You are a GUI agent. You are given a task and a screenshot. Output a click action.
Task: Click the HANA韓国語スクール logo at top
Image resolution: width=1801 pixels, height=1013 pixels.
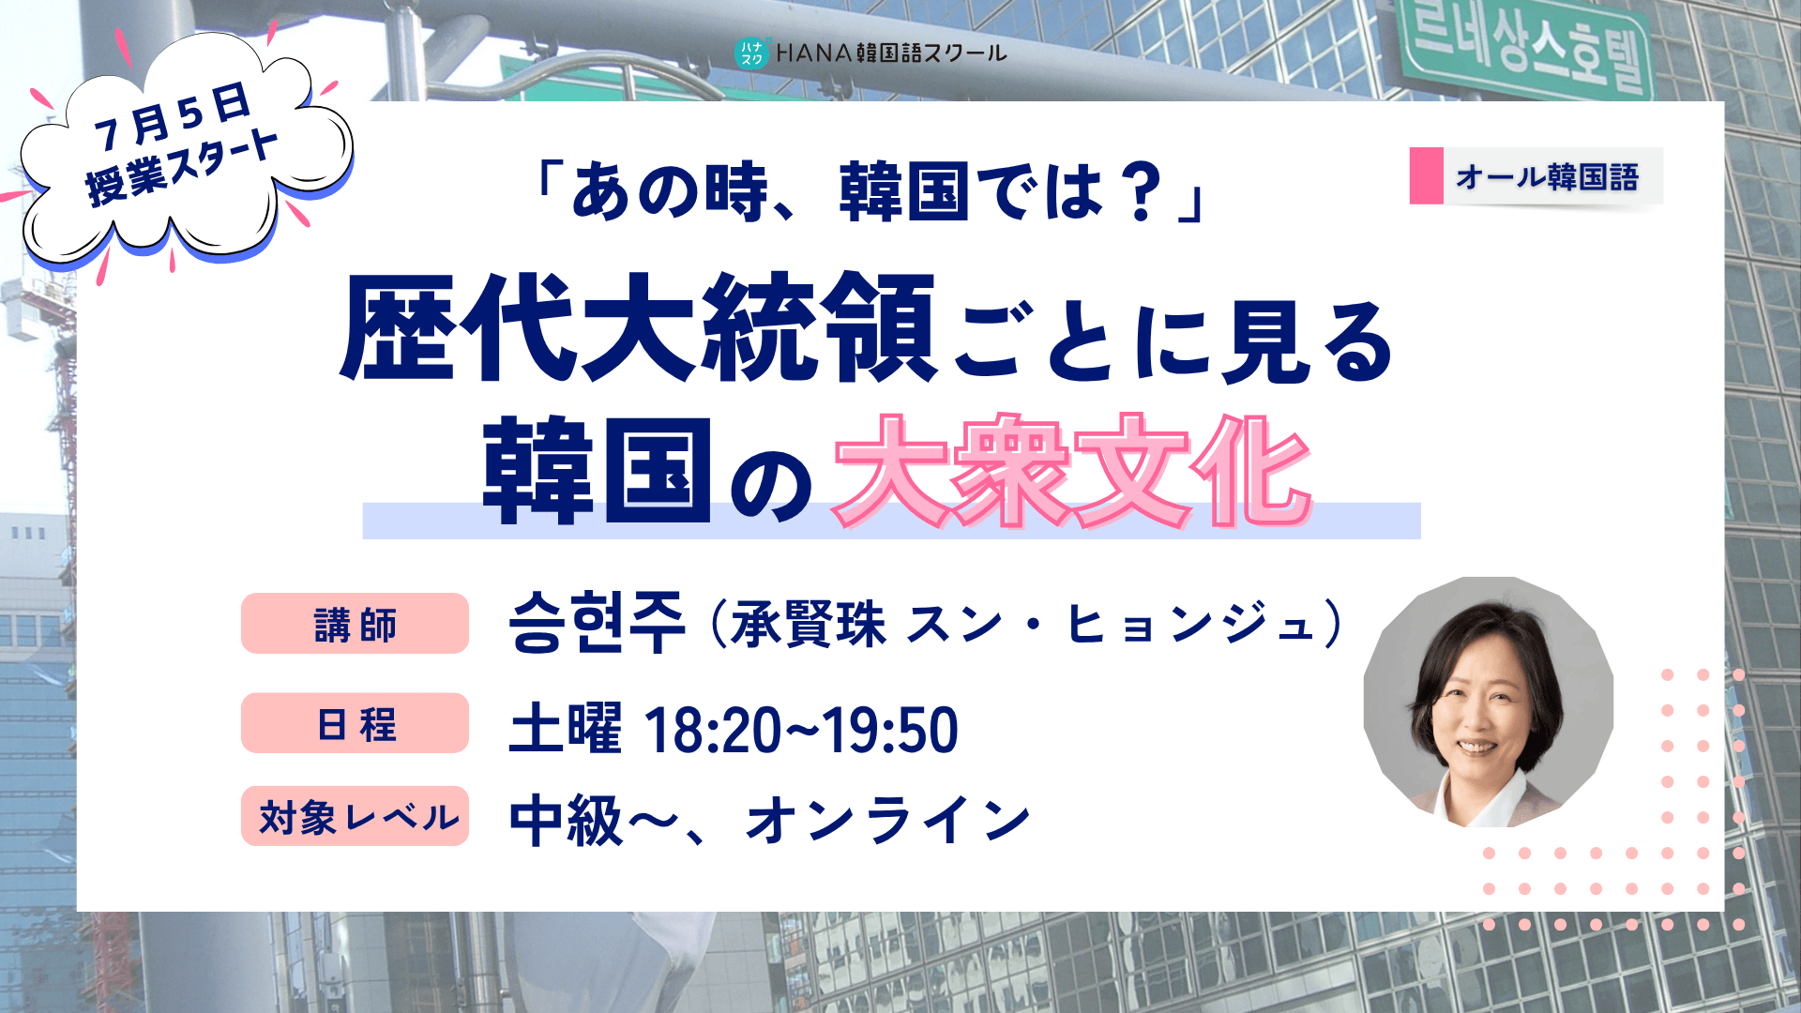(x=870, y=53)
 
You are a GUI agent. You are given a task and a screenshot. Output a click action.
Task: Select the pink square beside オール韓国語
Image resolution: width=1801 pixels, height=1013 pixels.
(x=1426, y=176)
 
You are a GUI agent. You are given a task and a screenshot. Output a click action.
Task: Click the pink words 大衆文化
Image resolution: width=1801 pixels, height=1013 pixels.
(x=1072, y=471)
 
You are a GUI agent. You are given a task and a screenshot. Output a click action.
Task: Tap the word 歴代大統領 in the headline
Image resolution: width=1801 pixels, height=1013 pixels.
(x=638, y=327)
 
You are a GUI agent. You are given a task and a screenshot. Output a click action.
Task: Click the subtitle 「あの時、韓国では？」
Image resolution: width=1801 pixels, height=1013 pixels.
(x=870, y=190)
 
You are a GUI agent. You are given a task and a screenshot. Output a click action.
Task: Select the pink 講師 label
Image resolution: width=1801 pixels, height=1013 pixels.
(x=355, y=624)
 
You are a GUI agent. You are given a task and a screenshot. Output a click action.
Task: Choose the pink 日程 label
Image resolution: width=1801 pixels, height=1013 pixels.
(x=355, y=723)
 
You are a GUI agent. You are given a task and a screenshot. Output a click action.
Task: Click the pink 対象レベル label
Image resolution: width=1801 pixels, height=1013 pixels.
(x=355, y=816)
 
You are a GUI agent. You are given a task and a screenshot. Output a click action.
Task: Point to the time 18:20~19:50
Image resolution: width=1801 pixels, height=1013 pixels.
(x=800, y=730)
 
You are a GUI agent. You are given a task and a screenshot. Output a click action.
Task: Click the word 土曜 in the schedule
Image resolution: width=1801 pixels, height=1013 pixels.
(x=565, y=729)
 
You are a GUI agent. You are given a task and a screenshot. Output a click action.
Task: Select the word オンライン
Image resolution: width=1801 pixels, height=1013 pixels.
(x=888, y=820)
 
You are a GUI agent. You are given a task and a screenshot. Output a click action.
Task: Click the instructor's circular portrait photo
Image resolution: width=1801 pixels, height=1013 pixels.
(x=1489, y=702)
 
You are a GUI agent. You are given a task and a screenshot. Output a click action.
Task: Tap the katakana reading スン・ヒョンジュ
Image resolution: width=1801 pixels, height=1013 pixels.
(x=1112, y=625)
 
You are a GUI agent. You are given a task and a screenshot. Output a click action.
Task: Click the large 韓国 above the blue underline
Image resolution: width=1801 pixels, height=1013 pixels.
(x=598, y=471)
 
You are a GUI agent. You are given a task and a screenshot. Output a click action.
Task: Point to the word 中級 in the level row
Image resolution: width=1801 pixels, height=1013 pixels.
(x=566, y=820)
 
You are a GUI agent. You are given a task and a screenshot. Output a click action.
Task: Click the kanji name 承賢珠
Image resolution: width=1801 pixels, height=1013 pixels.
(x=809, y=625)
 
